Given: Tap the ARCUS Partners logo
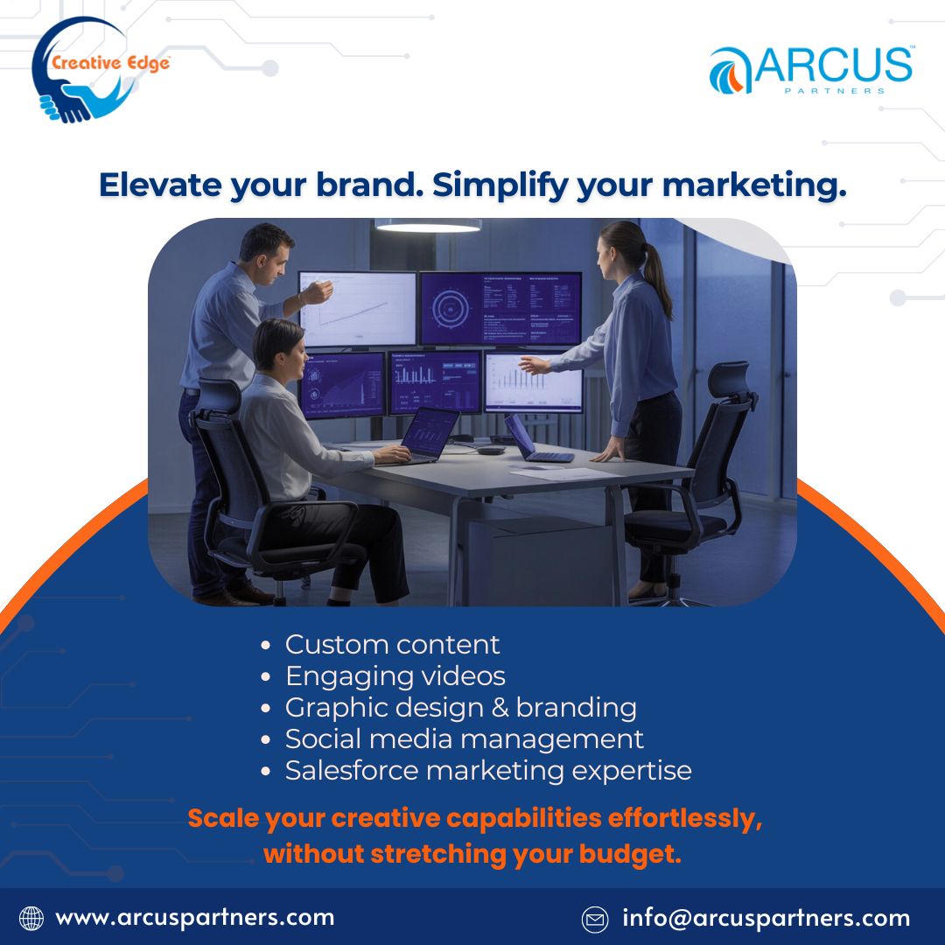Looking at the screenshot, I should [811, 70].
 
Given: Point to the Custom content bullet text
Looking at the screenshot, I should [392, 645].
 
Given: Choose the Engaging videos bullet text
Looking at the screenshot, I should [395, 676].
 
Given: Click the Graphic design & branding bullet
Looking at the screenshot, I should [460, 708].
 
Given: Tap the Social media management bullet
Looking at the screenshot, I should [464, 739].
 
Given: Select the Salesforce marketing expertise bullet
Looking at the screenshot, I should [488, 771].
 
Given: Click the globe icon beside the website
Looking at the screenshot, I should [31, 918].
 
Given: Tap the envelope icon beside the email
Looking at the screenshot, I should [595, 919].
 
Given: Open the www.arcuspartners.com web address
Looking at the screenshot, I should [194, 918].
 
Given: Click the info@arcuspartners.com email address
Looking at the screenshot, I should [766, 919].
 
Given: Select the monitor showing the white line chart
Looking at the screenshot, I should [357, 308].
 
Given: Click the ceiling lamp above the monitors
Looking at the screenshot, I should [428, 226].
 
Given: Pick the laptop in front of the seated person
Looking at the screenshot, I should [426, 435].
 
